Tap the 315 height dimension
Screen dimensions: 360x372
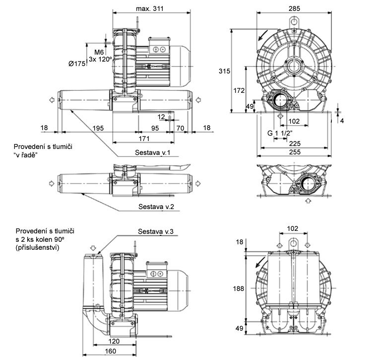coord(225,71)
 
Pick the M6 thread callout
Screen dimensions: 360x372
coord(98,52)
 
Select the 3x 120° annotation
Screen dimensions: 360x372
coord(100,60)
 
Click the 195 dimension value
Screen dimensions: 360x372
coord(98,128)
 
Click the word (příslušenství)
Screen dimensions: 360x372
coord(38,247)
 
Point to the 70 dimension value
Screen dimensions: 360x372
coord(180,128)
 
